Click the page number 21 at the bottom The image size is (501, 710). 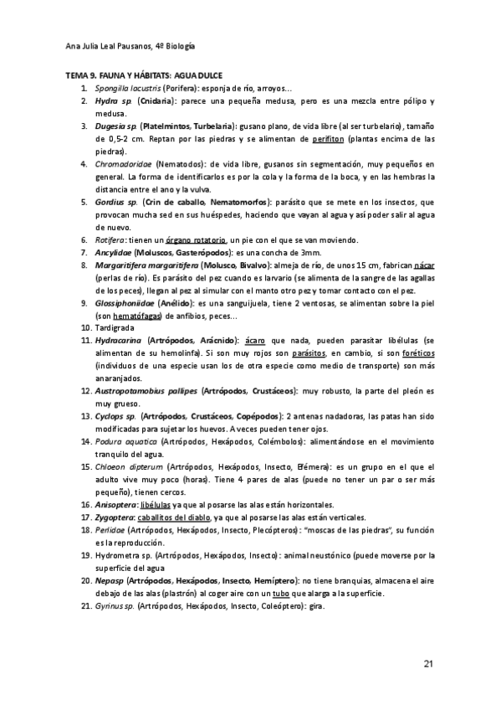427,664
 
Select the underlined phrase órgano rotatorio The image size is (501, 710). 198,240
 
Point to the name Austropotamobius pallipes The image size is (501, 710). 146,391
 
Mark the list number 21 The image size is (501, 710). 86,605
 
